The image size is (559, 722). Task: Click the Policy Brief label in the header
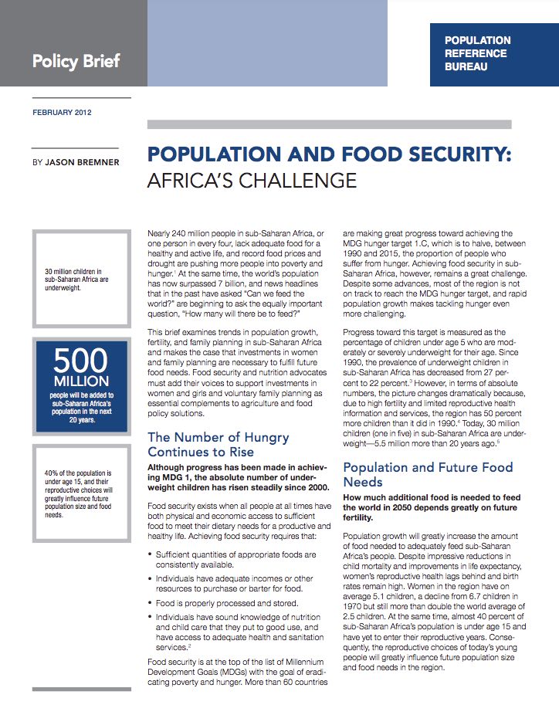pyautogui.click(x=76, y=60)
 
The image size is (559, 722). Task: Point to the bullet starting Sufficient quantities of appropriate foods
pyautogui.click(x=235, y=560)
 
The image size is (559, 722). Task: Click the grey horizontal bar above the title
pyautogui.click(x=329, y=124)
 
